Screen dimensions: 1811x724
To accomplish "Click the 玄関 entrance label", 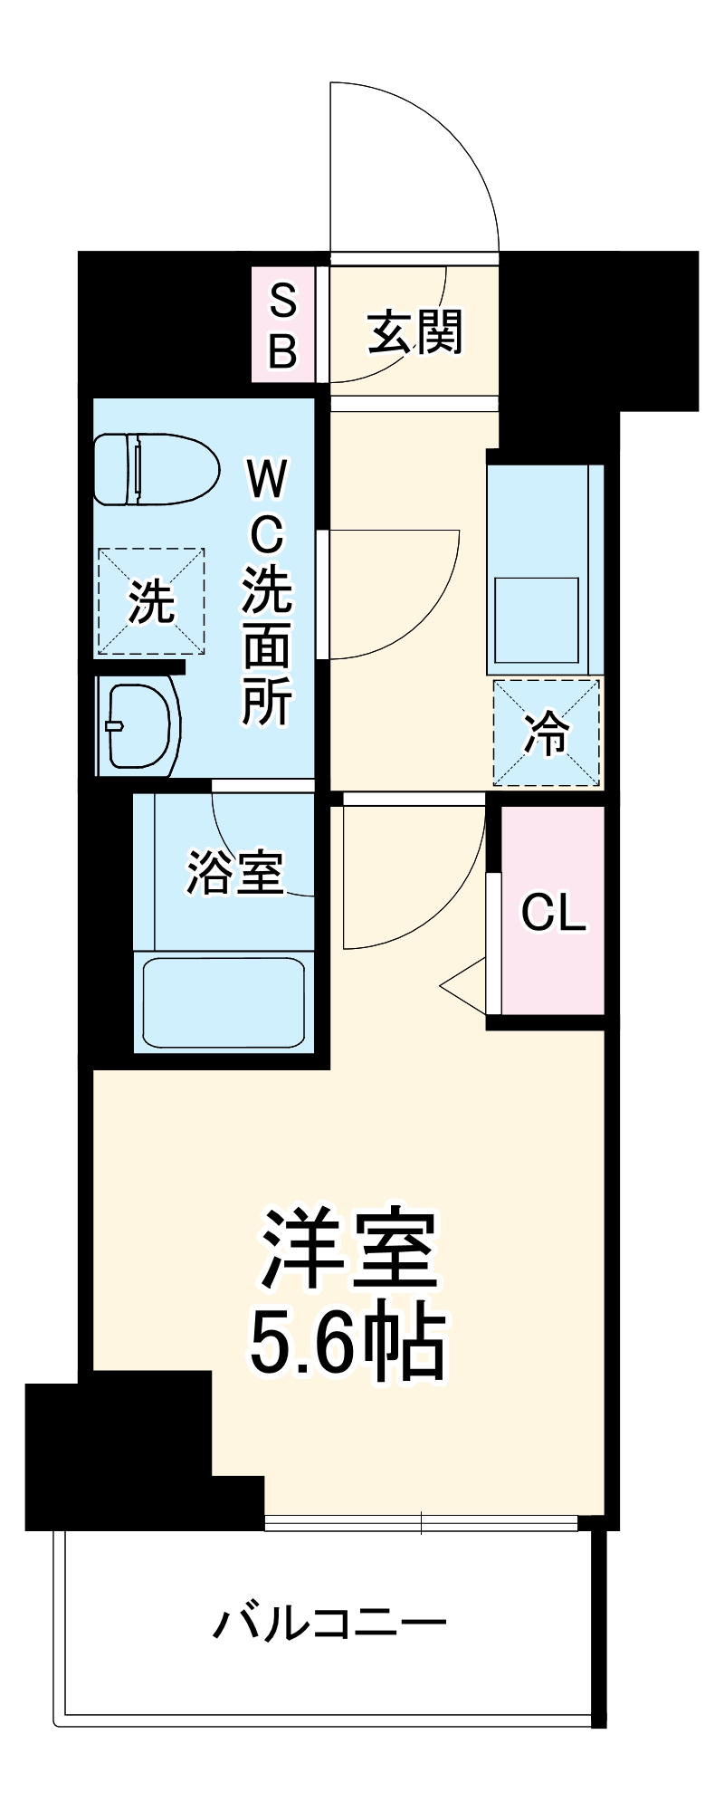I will pyautogui.click(x=415, y=332).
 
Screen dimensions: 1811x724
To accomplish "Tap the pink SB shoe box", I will pyautogui.click(x=283, y=324).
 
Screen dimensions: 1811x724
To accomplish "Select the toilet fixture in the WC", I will pyautogui.click(x=156, y=469).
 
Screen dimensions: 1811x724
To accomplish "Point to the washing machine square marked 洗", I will pyautogui.click(x=151, y=600).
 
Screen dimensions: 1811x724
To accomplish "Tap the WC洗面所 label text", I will pyautogui.click(x=266, y=593).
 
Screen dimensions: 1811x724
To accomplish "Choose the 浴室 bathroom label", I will pyautogui.click(x=235, y=873).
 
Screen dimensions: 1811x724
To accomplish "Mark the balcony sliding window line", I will pyautogui.click(x=422, y=1523).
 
